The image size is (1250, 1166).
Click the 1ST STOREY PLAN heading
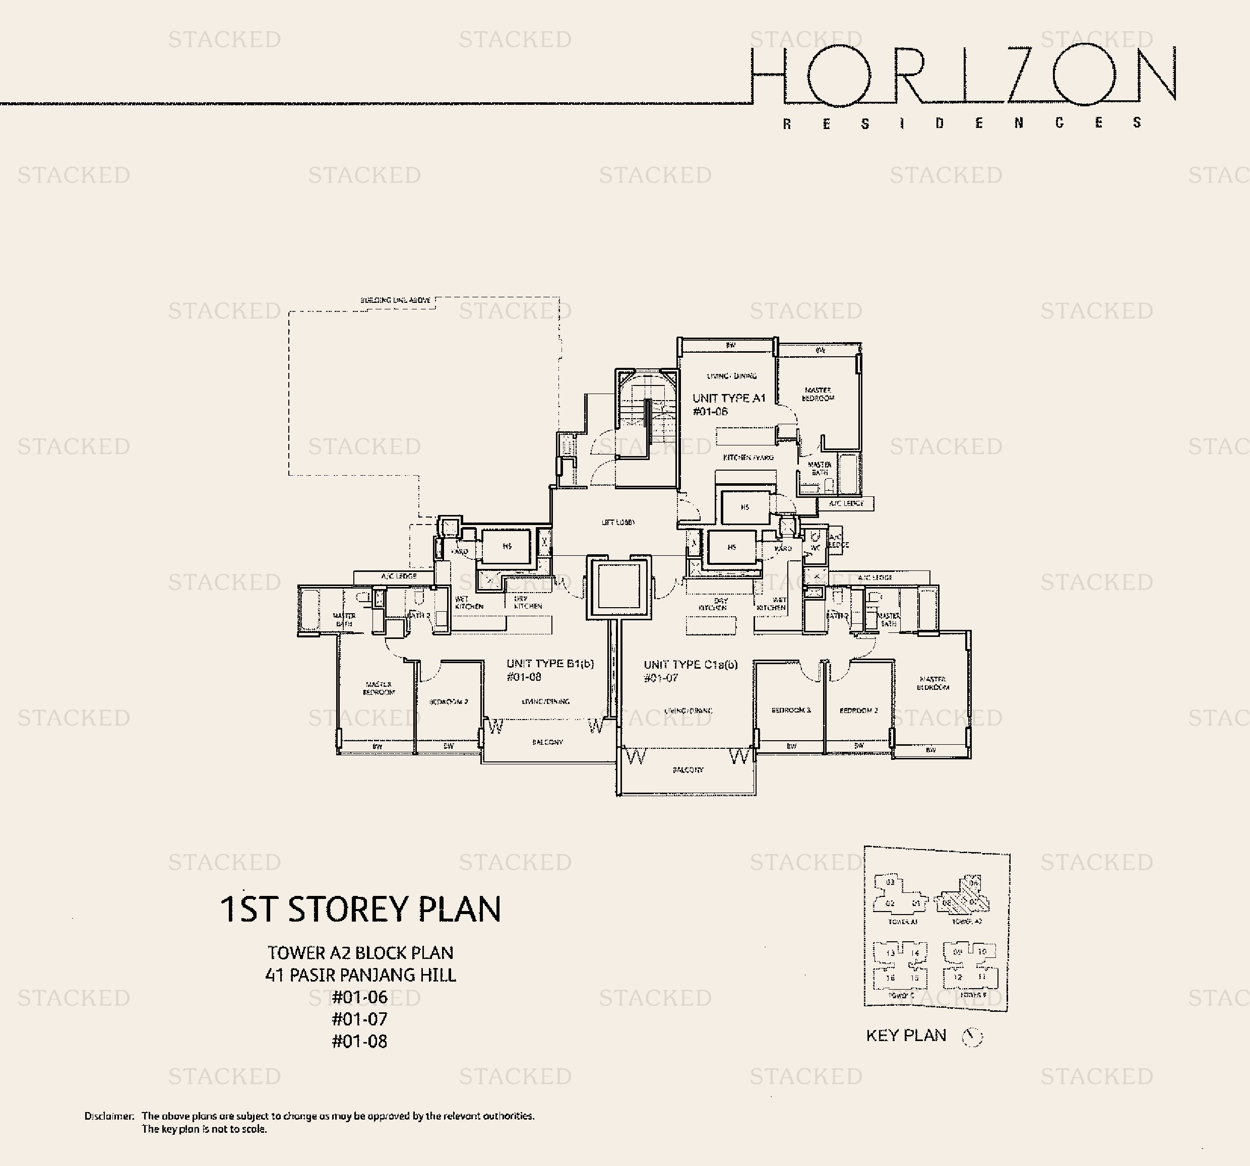[360, 909]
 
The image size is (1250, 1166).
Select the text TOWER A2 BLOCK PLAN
[360, 953]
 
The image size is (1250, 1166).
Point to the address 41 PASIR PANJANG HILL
[360, 975]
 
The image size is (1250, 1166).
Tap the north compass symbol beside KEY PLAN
[972, 1037]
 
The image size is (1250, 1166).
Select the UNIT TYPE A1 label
[729, 399]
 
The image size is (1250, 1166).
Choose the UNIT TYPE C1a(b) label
[691, 665]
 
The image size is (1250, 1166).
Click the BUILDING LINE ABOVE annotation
[396, 300]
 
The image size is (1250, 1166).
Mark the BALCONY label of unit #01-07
[688, 770]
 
